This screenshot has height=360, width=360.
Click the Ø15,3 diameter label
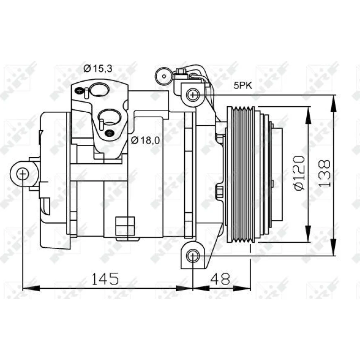point(98,68)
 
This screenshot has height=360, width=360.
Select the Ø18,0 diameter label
point(145,140)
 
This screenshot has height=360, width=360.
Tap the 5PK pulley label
point(243,85)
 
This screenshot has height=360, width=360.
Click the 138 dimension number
point(324,174)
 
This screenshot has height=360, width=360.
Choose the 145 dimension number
point(105,279)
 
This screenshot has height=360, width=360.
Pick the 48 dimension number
point(220,279)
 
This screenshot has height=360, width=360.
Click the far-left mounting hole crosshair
point(23,174)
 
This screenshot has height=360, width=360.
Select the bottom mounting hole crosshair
point(193,256)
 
